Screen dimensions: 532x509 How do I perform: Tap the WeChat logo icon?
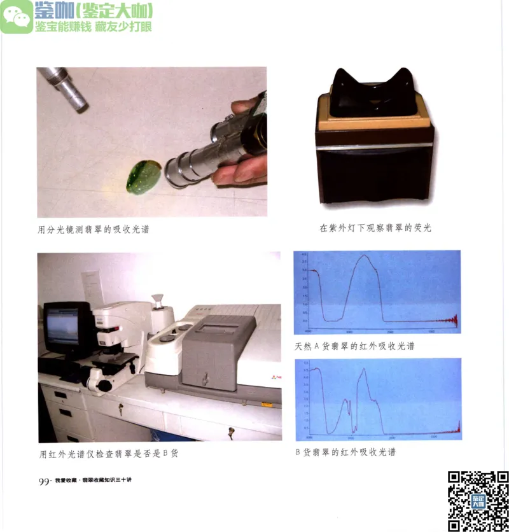[17, 17]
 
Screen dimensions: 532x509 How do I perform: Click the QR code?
[478, 500]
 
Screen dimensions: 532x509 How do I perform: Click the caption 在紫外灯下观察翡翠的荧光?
[375, 227]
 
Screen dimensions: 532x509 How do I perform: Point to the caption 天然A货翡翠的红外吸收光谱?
[354, 347]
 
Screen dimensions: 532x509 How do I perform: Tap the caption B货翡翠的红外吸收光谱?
[345, 452]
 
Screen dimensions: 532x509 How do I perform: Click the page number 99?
[45, 482]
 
